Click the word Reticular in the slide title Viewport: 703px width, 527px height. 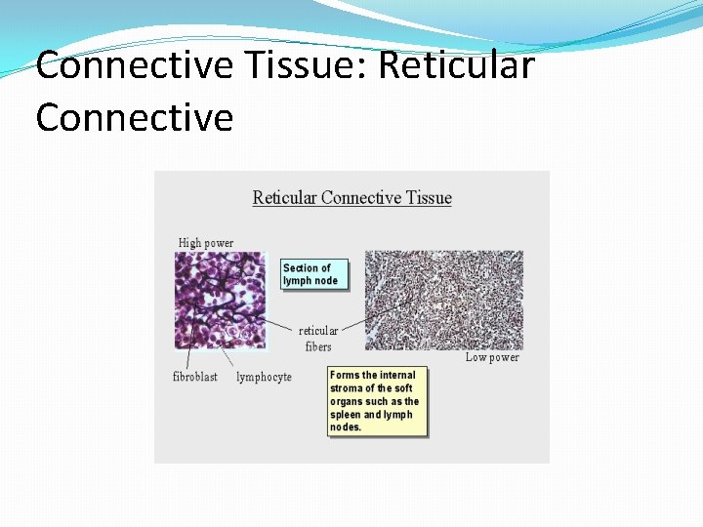click(456, 66)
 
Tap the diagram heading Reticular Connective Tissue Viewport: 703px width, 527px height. click(351, 198)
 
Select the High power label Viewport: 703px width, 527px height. click(206, 242)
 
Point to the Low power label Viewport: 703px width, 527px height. click(492, 357)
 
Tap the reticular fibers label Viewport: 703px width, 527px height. click(318, 339)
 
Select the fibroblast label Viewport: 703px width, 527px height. click(195, 377)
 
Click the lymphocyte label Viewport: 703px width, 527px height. click(264, 377)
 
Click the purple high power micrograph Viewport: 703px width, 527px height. click(220, 300)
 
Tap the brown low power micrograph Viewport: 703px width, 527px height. click(443, 300)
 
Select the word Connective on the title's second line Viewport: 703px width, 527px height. click(135, 117)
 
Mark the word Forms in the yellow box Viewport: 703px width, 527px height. click(346, 375)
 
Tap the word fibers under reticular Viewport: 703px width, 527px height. click(318, 346)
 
